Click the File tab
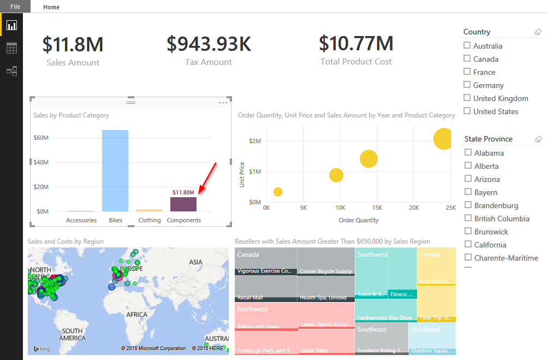(15, 7)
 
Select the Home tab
(51, 7)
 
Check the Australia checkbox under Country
(467, 45)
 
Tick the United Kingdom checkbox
(467, 98)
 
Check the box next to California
(468, 244)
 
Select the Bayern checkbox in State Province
(468, 192)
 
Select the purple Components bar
(183, 204)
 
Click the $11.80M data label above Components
(183, 192)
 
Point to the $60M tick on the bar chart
(41, 138)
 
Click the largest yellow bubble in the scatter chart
(443, 139)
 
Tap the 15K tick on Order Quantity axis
(377, 208)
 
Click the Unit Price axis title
(241, 175)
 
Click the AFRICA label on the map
(136, 315)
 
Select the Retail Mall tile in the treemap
(251, 298)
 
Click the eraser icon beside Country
(538, 32)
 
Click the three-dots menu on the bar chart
(223, 102)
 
